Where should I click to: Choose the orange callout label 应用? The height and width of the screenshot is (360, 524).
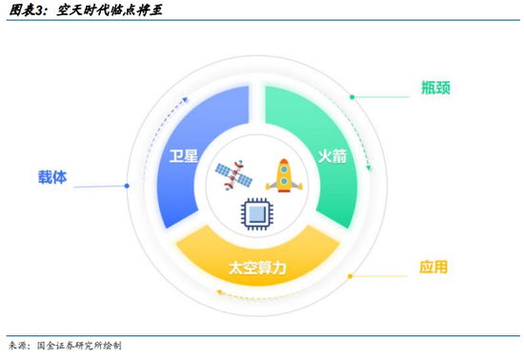(433, 268)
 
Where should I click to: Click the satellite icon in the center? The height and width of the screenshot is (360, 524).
(232, 175)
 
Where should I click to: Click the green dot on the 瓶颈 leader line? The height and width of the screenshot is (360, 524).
(352, 96)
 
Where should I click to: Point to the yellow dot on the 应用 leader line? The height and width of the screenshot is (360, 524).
(350, 276)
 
